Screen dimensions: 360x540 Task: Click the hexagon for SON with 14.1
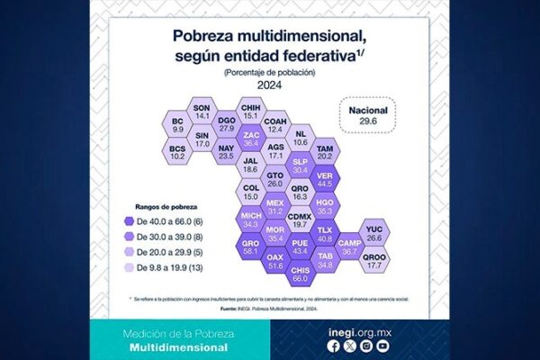tap(202, 112)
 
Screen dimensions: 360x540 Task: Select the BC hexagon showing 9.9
tap(177, 126)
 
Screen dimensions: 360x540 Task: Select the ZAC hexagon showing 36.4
tap(251, 139)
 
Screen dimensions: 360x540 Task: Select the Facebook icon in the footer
tap(335, 346)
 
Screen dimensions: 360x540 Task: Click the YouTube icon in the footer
tap(382, 346)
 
